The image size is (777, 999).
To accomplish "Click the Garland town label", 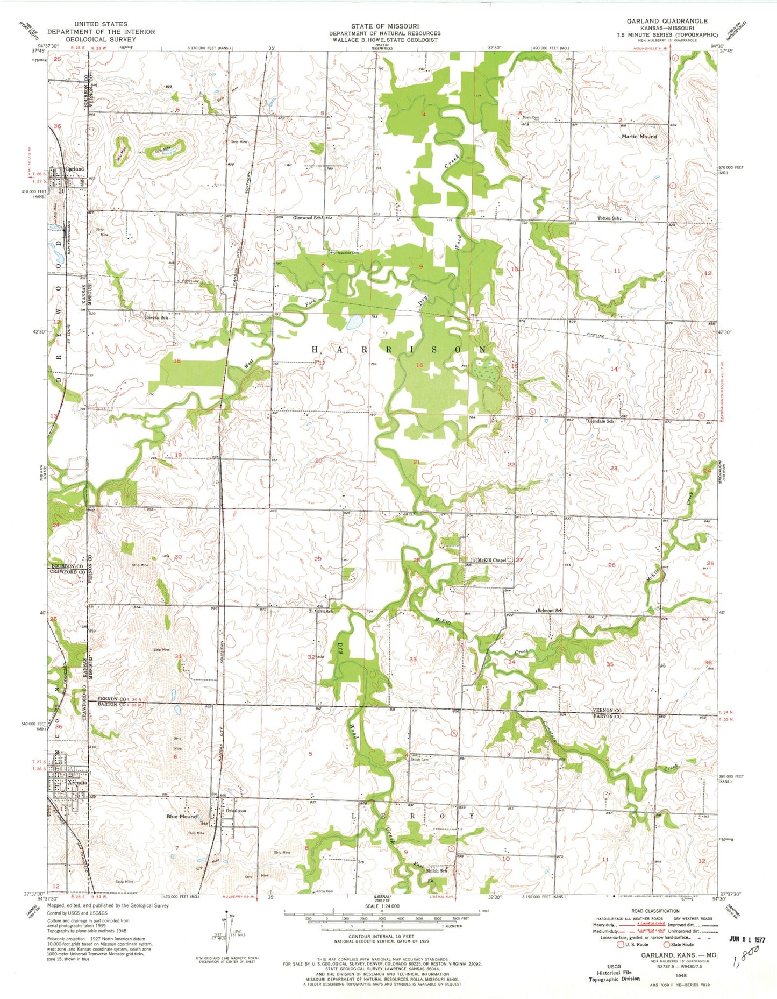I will (x=75, y=169).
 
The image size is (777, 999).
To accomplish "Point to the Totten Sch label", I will (x=609, y=218).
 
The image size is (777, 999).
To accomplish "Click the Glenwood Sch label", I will (x=307, y=218).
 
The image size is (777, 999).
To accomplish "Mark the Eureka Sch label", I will (x=156, y=317).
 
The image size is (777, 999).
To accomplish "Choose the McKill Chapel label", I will (x=491, y=560).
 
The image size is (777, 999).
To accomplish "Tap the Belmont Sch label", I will (x=550, y=611).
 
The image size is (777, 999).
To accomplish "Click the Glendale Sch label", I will (x=601, y=421).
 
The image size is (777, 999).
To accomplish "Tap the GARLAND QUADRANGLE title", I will (x=667, y=21).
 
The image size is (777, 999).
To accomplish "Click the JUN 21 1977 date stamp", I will (x=747, y=939).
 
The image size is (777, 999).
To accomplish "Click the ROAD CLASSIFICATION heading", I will (x=655, y=911).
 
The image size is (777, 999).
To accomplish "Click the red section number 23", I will (x=614, y=468).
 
